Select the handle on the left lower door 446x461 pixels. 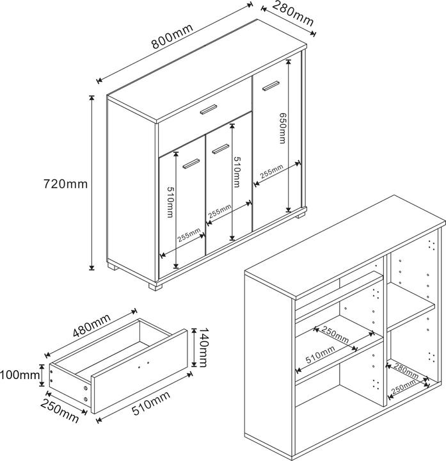click(x=191, y=165)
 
